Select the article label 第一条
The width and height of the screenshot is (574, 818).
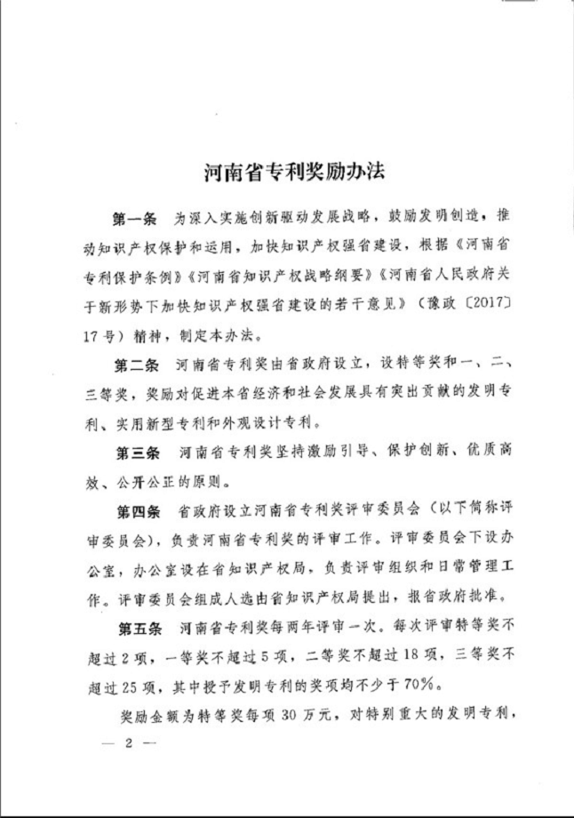click(x=134, y=219)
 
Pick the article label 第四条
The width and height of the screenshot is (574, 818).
click(x=134, y=512)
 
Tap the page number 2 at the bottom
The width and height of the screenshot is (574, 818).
click(x=128, y=744)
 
